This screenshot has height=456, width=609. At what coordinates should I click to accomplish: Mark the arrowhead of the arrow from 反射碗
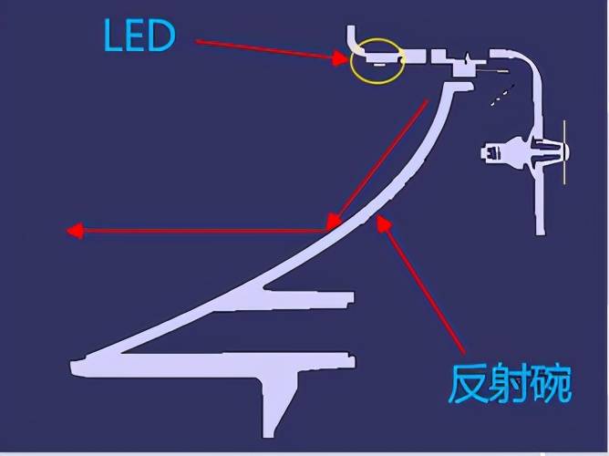pos(385,223)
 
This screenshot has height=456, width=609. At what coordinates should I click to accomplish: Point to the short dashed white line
pos(501,95)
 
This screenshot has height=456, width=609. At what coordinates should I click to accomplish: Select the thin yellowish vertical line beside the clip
pos(564,151)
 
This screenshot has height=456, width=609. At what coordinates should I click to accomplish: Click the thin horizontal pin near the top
pos(496,70)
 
